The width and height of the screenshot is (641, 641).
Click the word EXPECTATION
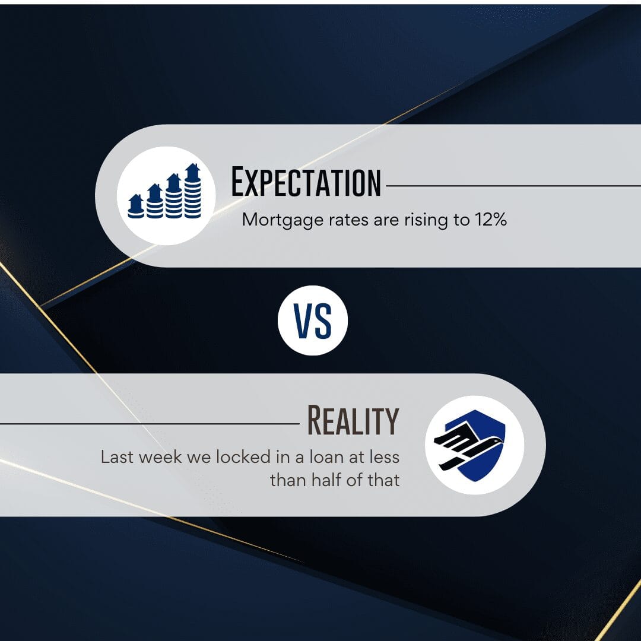coord(306,182)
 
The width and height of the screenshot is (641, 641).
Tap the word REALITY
coord(353,420)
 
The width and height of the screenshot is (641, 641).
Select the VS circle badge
coord(313,320)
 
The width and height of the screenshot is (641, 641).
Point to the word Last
coord(117,457)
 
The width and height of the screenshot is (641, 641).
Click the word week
coord(160,457)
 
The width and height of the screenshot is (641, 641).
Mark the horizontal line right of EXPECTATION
coord(513,186)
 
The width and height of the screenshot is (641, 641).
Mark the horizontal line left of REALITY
coord(150,424)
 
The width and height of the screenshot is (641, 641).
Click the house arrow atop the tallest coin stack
coord(192,172)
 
